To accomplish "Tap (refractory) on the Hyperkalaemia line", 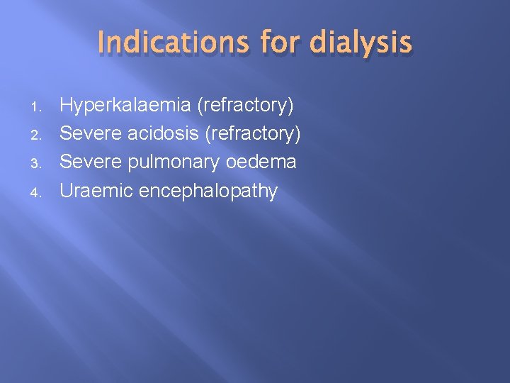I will tap(245, 106).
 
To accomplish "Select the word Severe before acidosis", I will tap(91, 133).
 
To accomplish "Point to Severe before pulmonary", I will tap(91, 162).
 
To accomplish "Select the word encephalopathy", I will tap(208, 191).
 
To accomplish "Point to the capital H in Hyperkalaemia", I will tap(66, 106).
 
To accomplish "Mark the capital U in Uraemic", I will tap(66, 190).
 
